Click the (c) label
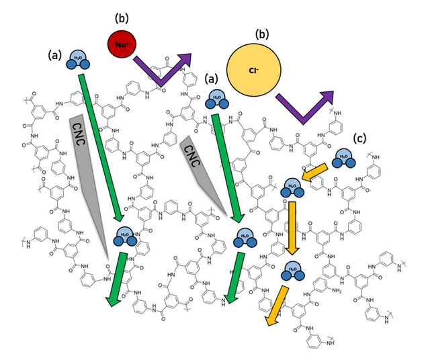coord(361,139)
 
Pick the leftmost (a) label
coord(54,54)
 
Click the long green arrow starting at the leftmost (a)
coord(101,148)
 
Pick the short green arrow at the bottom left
coord(117,279)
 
